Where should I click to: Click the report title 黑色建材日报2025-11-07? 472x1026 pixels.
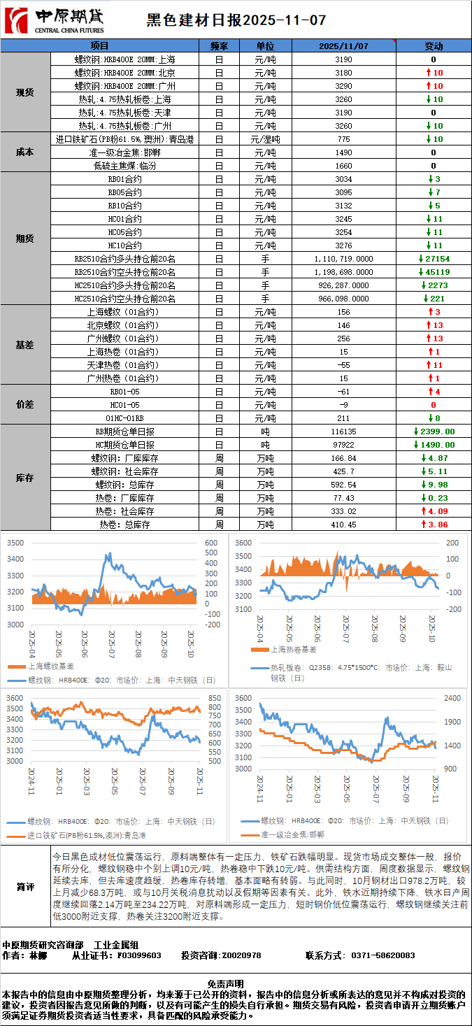click(x=236, y=21)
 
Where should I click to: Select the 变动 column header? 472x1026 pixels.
click(x=434, y=46)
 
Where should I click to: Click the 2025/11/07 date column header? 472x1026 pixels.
click(x=343, y=46)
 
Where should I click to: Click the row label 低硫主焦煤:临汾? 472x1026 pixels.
click(x=124, y=166)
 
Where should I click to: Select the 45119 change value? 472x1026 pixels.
click(x=434, y=272)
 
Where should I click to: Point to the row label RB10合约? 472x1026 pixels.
click(x=124, y=206)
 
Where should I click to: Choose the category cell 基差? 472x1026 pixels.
click(x=25, y=345)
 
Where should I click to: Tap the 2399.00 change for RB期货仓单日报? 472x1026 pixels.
click(x=434, y=432)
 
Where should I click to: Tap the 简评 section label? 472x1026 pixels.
click(x=25, y=887)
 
